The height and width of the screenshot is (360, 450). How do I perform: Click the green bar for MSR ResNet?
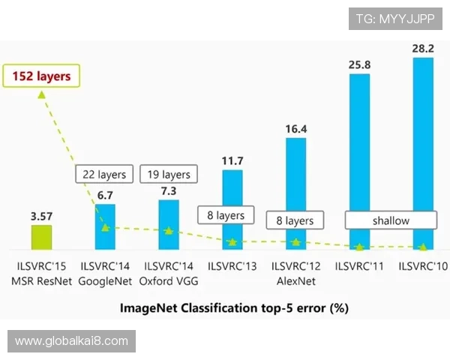coord(40,237)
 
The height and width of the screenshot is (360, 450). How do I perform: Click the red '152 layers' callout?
coord(41,76)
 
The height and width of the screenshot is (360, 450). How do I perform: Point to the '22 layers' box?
coord(104,175)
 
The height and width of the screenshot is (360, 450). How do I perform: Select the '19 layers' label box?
coord(169,175)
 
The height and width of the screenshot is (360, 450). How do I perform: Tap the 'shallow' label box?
coord(391,220)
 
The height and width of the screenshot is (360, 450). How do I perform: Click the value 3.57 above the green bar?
coord(41,216)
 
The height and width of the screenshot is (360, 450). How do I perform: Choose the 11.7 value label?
coord(232,160)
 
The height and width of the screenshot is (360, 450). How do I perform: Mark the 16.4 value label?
coord(295,128)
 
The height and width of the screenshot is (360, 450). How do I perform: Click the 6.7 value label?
coord(104,195)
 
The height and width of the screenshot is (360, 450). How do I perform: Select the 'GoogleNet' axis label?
coord(105,281)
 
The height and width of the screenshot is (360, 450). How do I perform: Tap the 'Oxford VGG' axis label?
coord(169,281)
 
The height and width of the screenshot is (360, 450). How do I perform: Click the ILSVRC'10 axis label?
coord(423,266)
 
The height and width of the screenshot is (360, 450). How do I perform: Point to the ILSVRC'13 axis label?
coord(232,266)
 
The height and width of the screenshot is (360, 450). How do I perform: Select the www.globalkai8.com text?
coord(72,341)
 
